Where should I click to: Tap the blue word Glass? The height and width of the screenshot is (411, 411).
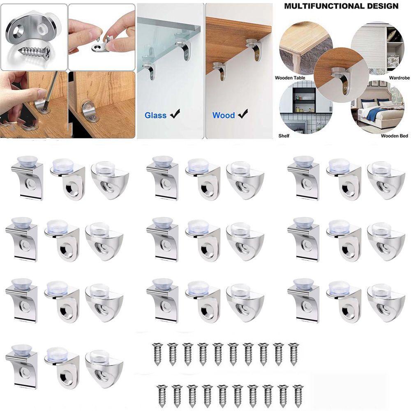tap(155, 115)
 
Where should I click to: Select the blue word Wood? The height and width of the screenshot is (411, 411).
tap(224, 115)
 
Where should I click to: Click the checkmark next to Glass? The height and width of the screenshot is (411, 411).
tap(175, 115)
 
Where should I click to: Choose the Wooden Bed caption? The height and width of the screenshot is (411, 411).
tap(393, 135)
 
